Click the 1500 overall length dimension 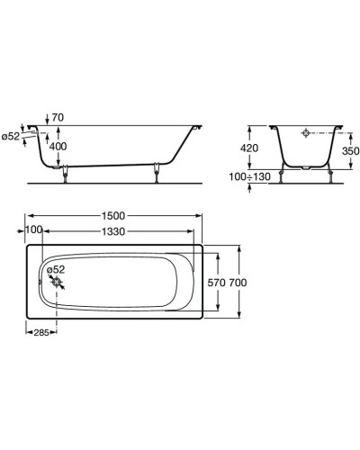pos(113,216)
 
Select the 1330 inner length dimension pos(113,231)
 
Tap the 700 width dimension pos(238,283)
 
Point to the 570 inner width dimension pos(216,283)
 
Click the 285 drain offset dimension pos(41,332)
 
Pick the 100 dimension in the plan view pos(33,230)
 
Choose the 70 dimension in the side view pos(58,118)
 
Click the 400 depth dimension pos(58,147)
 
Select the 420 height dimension pos(249,148)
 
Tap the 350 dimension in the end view pos(350,151)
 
